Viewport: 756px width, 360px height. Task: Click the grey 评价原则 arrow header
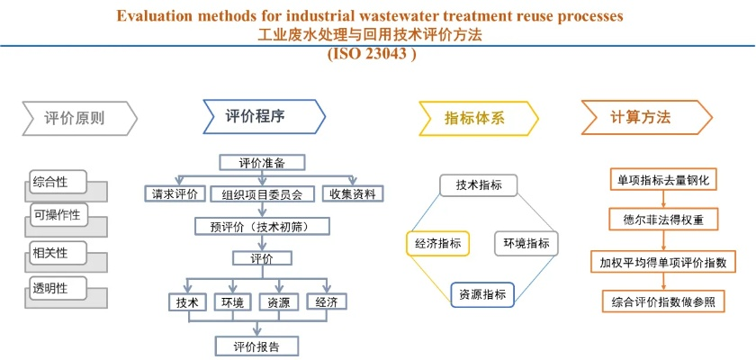[x=77, y=118]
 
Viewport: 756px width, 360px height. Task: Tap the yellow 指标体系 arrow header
[x=477, y=118]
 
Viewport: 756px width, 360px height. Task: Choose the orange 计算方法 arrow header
[x=644, y=118]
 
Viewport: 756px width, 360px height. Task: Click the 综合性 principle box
[x=54, y=182]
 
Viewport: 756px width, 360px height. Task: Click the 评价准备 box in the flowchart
[x=262, y=163]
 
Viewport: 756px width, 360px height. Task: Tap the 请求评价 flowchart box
[x=175, y=193]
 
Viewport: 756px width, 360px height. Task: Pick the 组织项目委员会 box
[x=262, y=193]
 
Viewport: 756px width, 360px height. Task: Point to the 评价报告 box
[x=257, y=346]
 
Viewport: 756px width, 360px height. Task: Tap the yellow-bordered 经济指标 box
[x=438, y=242]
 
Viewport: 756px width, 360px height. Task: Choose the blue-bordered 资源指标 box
[x=482, y=294]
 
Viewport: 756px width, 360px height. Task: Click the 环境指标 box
[x=526, y=242]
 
